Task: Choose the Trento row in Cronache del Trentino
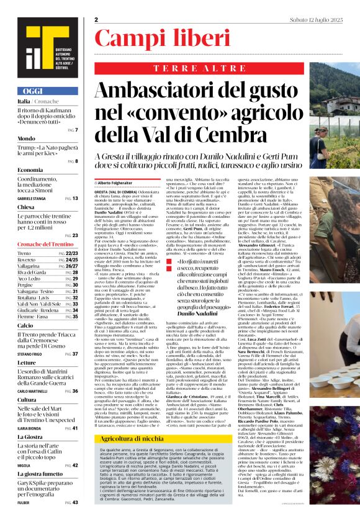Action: click(24, 254)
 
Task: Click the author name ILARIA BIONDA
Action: click(29, 428)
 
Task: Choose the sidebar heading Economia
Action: click(30, 169)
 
